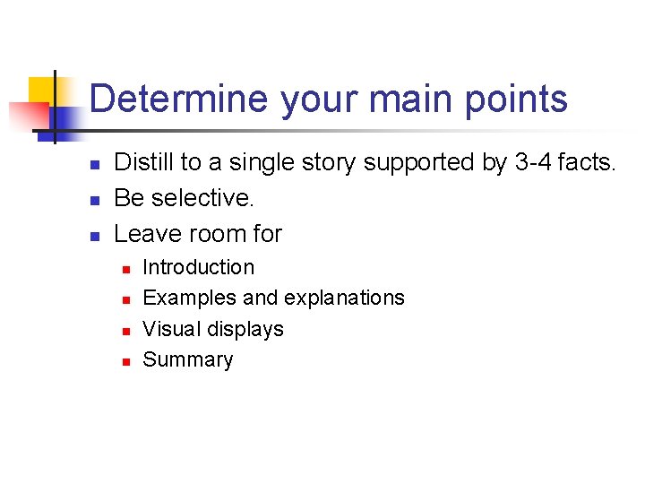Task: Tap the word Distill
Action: click(x=144, y=162)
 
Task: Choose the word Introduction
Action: click(x=198, y=267)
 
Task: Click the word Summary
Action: click(x=187, y=360)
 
